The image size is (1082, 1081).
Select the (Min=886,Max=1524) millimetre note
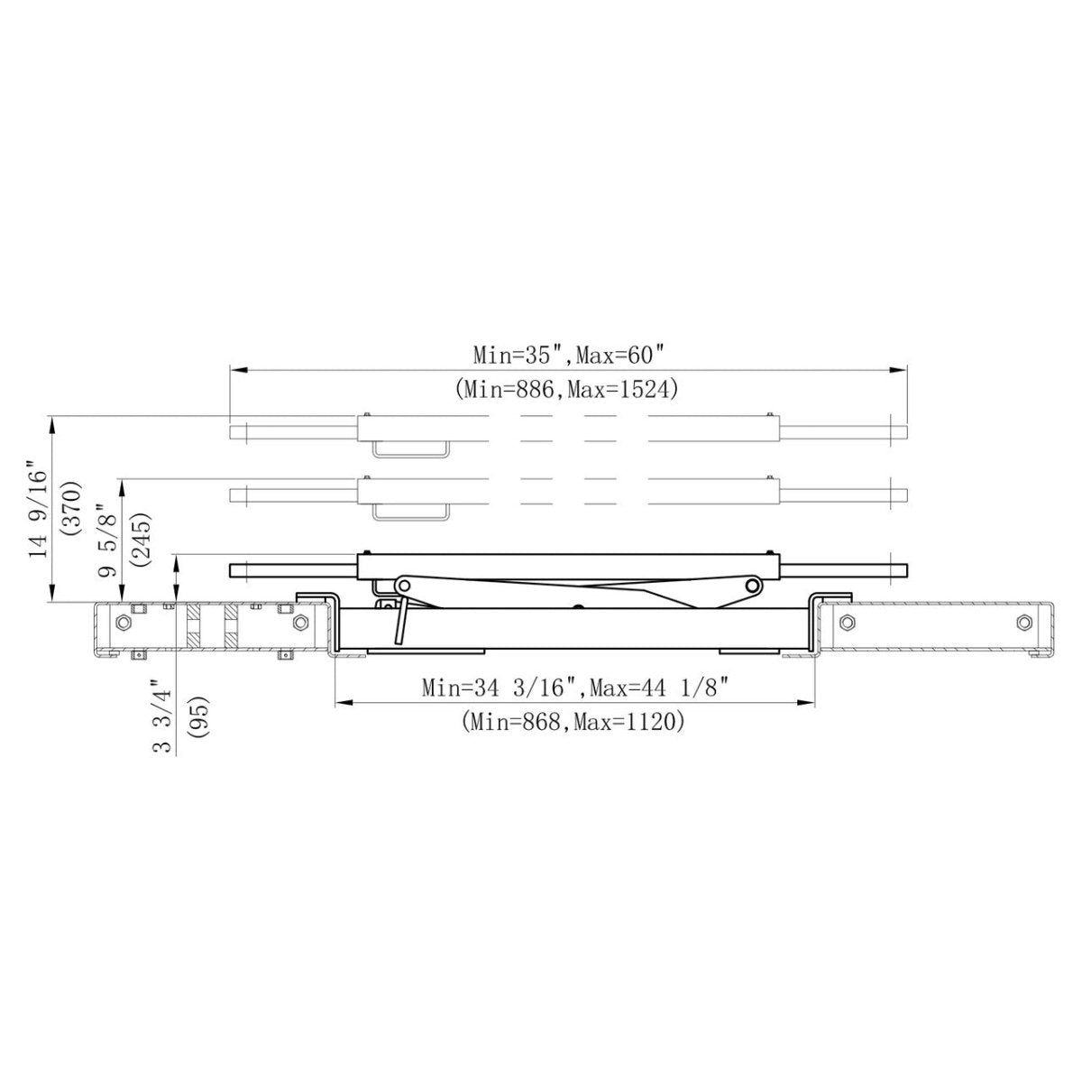(x=567, y=389)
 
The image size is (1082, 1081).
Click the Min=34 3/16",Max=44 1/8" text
(x=575, y=688)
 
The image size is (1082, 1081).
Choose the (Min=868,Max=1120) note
(x=573, y=723)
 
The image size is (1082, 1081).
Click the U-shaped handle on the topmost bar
(x=411, y=449)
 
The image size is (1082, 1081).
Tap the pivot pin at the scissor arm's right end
(x=750, y=587)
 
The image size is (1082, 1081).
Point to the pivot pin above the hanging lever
(x=403, y=586)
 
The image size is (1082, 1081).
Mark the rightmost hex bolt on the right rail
(x=1021, y=621)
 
